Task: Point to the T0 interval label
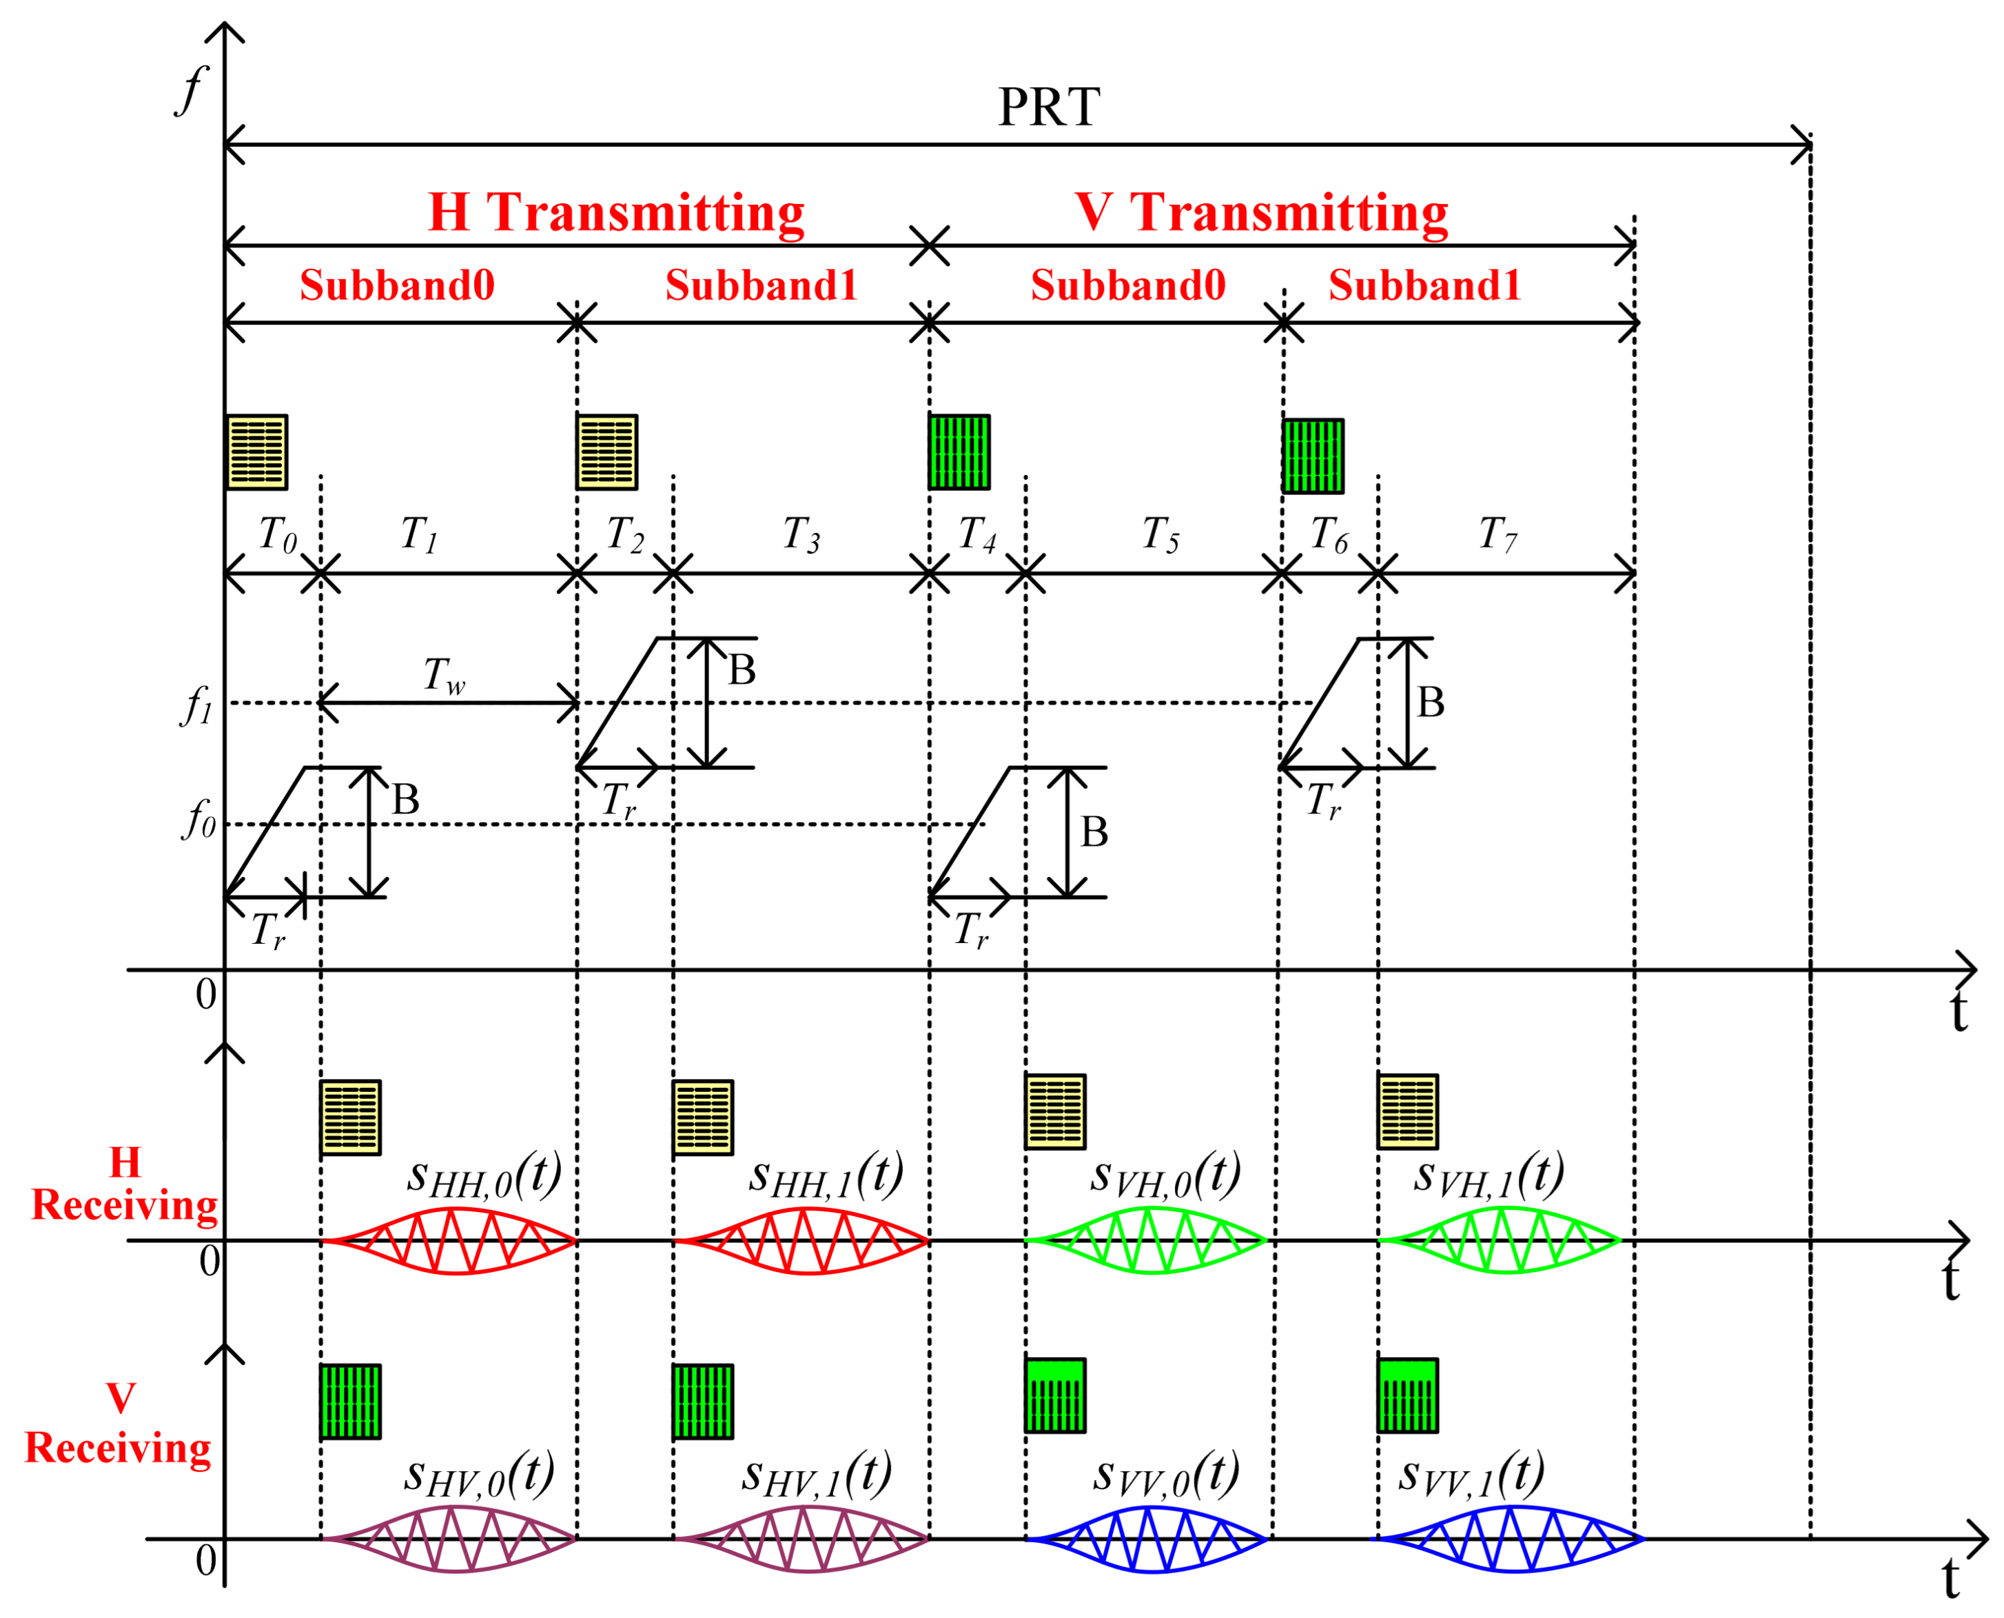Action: [x=277, y=535]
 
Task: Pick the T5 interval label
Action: [x=1160, y=535]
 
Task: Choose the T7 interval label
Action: [x=1497, y=535]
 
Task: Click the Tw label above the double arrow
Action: [x=444, y=675]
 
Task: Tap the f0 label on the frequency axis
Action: [x=198, y=819]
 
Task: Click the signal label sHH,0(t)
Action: [x=484, y=1175]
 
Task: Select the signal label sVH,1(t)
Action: [x=1488, y=1175]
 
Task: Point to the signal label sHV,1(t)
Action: [x=816, y=1475]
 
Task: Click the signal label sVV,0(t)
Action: [x=1165, y=1475]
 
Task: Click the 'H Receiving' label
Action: [x=124, y=1184]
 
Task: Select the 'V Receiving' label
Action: [x=119, y=1423]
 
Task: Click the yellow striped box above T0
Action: [x=256, y=452]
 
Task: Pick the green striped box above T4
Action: [x=959, y=452]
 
